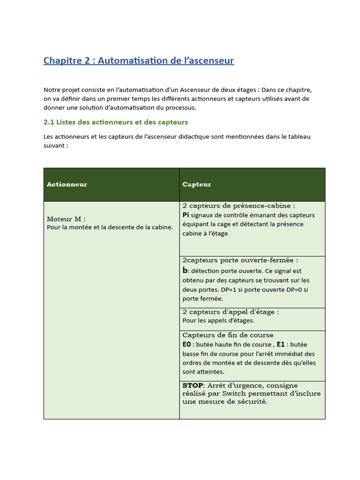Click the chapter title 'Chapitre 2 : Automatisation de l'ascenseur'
pyautogui.click(x=138, y=60)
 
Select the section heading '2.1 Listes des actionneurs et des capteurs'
pyautogui.click(x=115, y=122)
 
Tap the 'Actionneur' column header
pyautogui.click(x=67, y=184)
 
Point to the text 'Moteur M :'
pyautogui.click(x=66, y=219)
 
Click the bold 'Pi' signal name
pyautogui.click(x=186, y=215)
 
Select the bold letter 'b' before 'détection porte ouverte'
pyautogui.click(x=185, y=270)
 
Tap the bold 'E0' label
pyautogui.click(x=187, y=345)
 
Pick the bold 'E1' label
pyautogui.click(x=281, y=345)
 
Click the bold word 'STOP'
pyautogui.click(x=193, y=385)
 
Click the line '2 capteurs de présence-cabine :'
pyautogui.click(x=239, y=206)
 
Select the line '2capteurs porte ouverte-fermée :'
pyautogui.click(x=240, y=260)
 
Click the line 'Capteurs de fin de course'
pyautogui.click(x=228, y=335)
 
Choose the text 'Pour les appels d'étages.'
pyautogui.click(x=218, y=321)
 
